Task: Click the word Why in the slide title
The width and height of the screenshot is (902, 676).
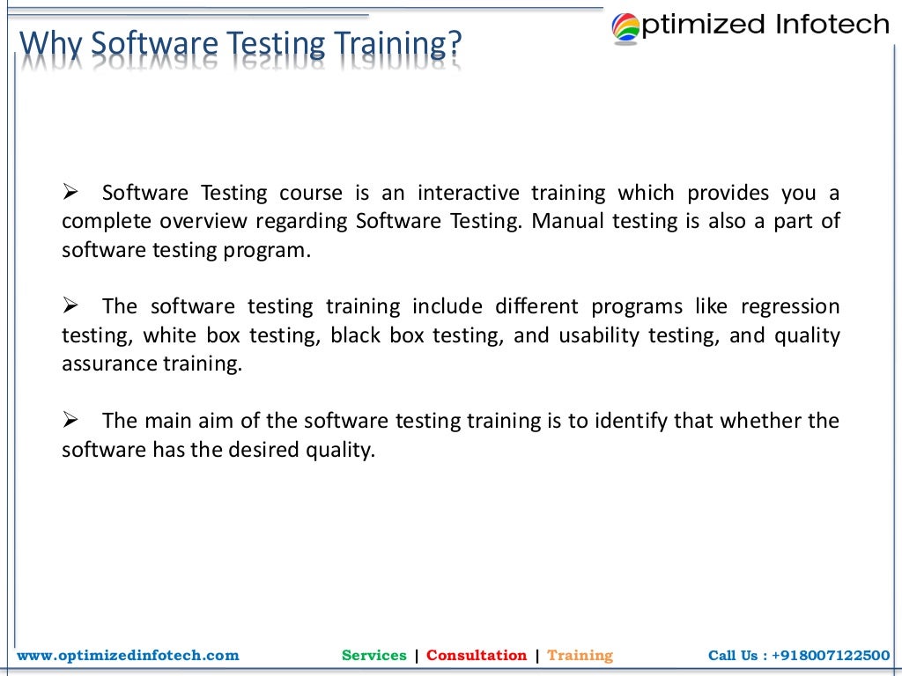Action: click(50, 43)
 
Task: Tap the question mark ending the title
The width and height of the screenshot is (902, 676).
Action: click(455, 43)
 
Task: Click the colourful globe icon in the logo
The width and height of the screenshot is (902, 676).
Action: click(627, 27)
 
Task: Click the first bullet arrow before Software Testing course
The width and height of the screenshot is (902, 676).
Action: click(71, 193)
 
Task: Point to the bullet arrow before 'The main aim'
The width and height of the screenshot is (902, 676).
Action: click(71, 421)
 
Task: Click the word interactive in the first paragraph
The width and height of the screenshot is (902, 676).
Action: click(468, 193)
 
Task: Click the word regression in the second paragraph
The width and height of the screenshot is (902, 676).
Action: click(790, 306)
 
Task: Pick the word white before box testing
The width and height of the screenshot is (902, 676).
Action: click(170, 335)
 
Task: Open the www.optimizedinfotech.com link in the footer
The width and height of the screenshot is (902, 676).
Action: click(129, 655)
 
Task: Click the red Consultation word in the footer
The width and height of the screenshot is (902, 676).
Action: click(477, 655)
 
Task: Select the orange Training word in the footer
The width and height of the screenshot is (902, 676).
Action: click(580, 655)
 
